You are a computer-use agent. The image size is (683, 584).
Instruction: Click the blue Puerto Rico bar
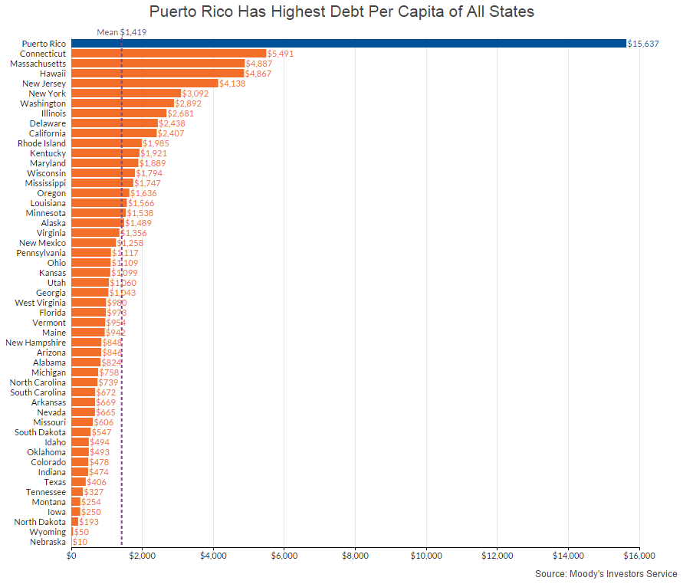coord(349,44)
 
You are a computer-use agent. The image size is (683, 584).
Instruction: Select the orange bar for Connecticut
coord(169,54)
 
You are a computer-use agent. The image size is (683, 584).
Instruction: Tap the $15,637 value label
coord(643,44)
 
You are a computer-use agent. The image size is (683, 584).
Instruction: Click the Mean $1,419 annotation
coord(122,32)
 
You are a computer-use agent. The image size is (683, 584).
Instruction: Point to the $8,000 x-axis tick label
coord(355,556)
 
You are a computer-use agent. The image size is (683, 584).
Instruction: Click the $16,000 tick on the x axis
coord(639,556)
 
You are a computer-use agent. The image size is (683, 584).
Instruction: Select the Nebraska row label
coord(48,542)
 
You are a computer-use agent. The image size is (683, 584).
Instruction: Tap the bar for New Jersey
coord(145,84)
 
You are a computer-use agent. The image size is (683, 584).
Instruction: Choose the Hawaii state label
coord(53,74)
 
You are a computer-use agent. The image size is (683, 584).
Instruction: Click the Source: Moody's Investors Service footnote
coord(606,573)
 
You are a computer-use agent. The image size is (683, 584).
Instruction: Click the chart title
coord(341,12)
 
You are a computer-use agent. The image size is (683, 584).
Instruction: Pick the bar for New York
coord(126,94)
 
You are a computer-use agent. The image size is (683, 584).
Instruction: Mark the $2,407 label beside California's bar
coord(171,133)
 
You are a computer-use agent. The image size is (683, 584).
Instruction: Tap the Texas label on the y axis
coord(54,482)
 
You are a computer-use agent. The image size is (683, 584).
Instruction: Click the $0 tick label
coord(71,556)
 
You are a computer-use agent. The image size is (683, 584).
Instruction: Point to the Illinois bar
coord(119,113)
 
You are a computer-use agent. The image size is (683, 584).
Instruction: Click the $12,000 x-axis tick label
coord(497,556)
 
